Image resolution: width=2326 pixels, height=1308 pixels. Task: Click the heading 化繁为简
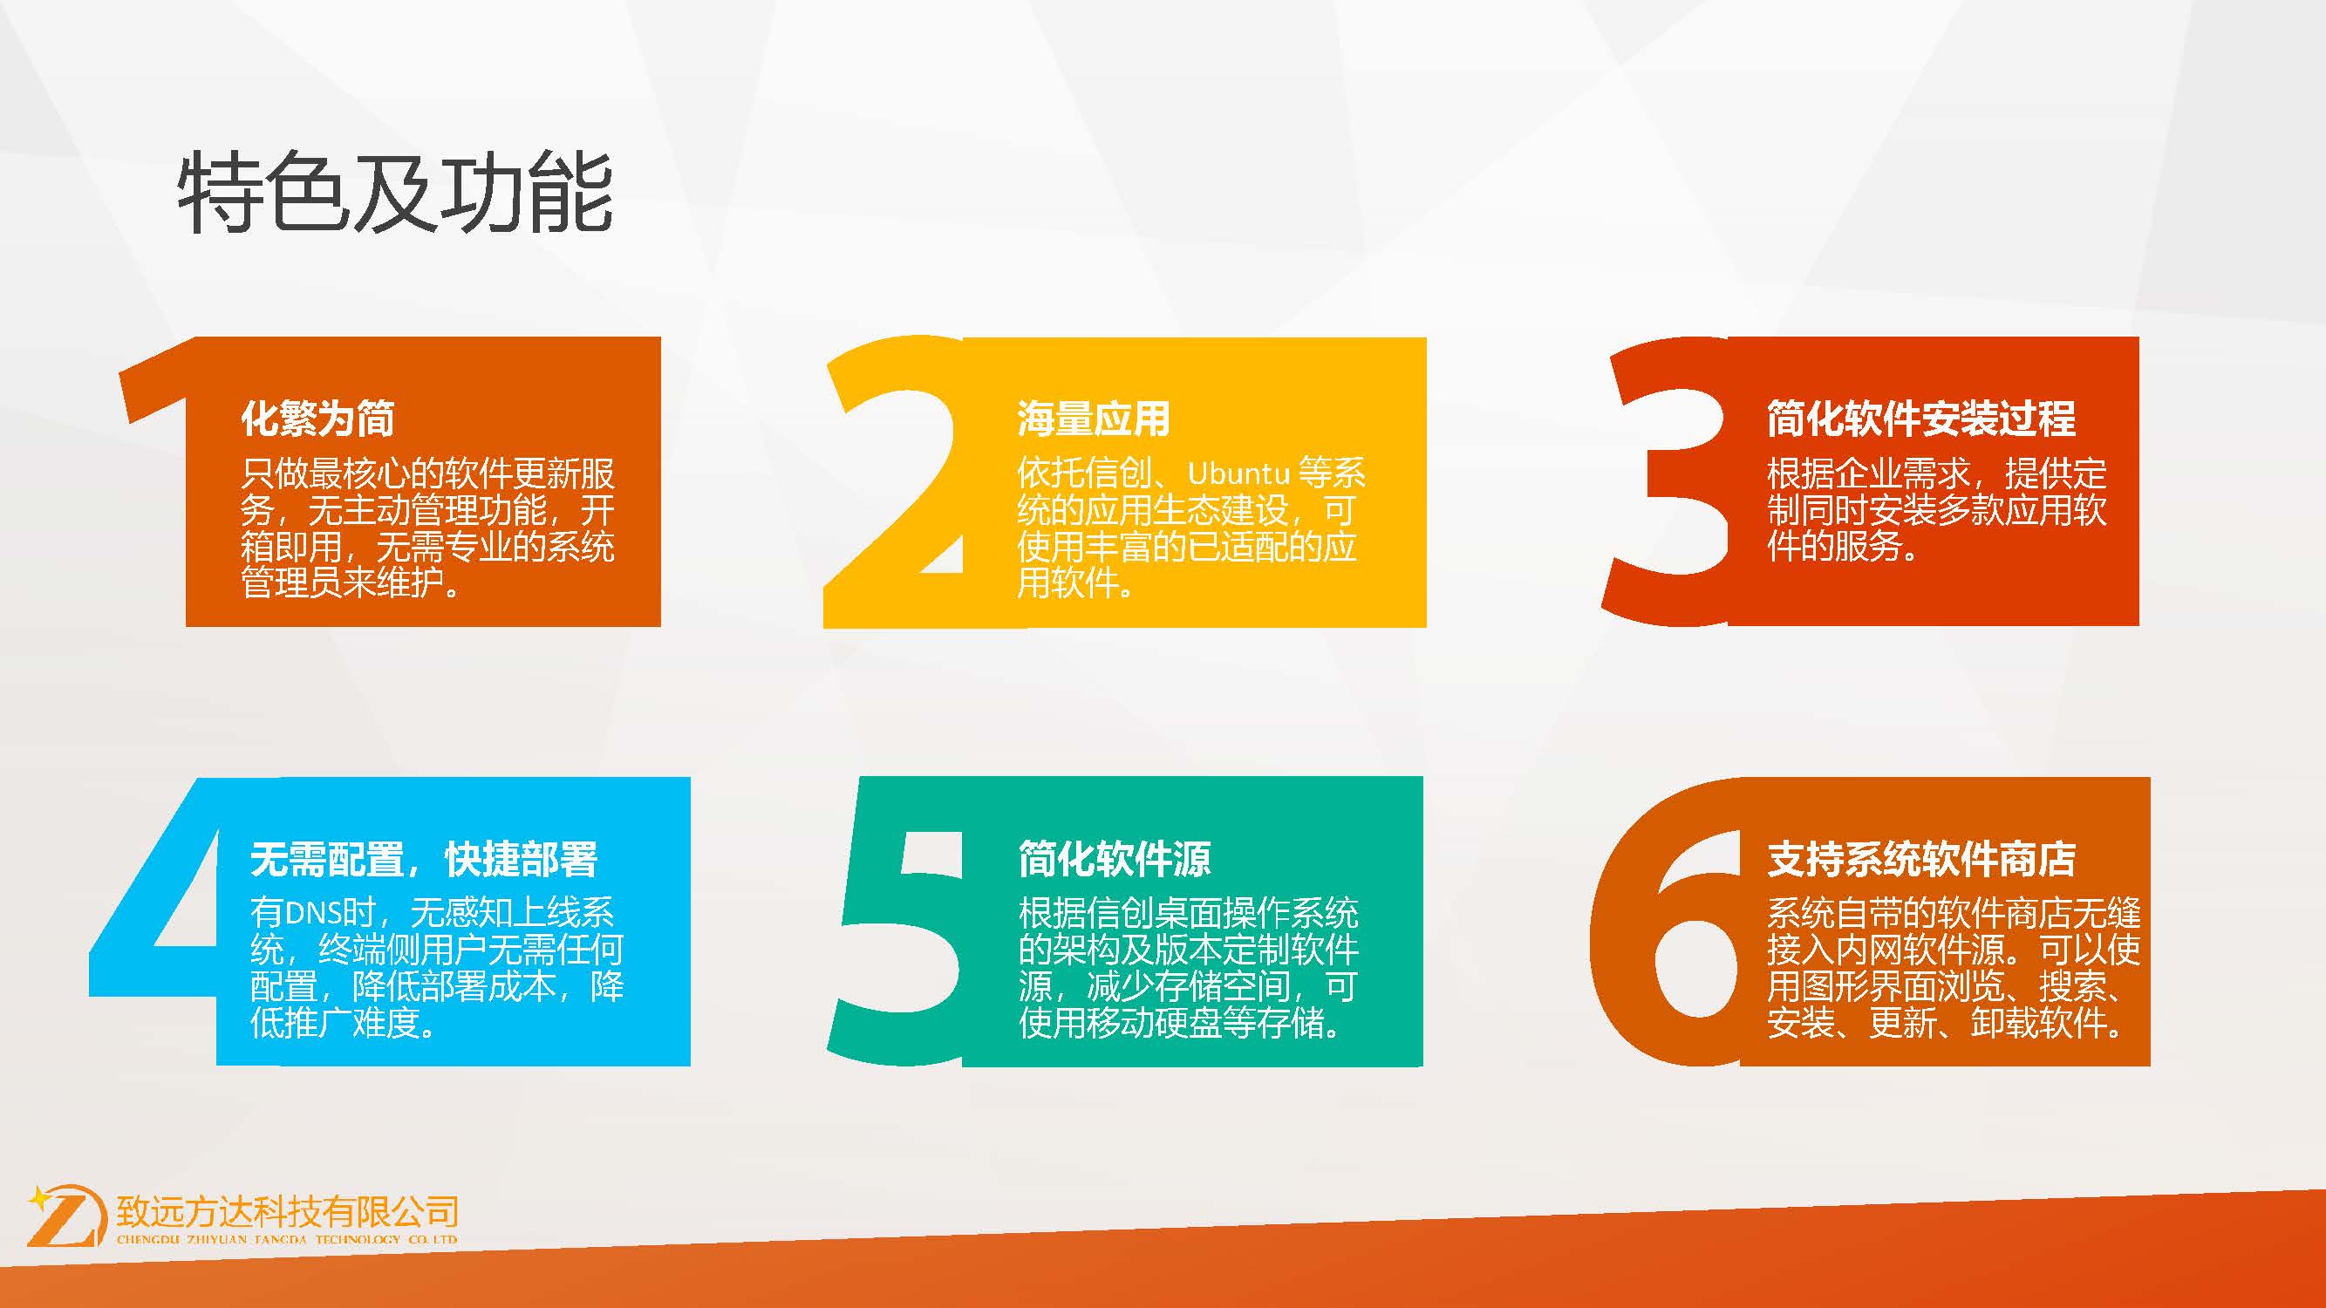pos(317,419)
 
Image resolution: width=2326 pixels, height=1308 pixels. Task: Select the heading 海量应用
pos(1094,419)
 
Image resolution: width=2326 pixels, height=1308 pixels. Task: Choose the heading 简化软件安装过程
pos(1920,419)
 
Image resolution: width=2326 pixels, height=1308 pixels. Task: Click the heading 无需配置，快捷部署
pos(424,860)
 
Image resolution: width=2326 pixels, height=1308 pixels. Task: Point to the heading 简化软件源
pos(1115,860)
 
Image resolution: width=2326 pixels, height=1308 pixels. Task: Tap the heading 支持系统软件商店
pos(1920,860)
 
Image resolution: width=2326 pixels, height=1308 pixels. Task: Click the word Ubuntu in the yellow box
pos(1238,473)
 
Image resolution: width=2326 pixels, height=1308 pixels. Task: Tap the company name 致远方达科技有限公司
pos(287,1211)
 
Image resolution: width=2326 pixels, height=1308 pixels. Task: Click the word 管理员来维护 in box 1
pos(342,582)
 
